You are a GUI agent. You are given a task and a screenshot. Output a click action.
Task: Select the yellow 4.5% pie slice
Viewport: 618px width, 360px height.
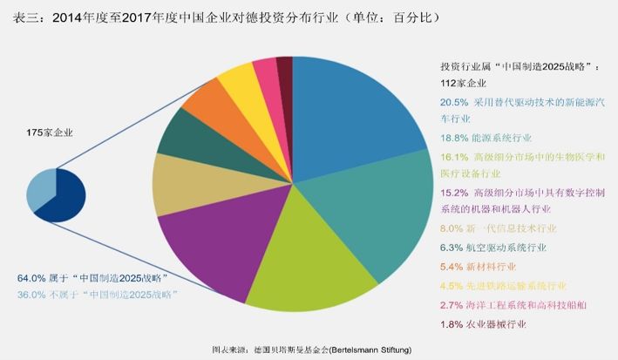pyautogui.click(x=238, y=83)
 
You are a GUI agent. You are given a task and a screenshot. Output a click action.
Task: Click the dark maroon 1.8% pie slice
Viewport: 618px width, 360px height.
pyautogui.click(x=285, y=69)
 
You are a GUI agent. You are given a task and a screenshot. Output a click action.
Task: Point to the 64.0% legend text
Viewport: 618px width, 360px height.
pyautogui.click(x=92, y=277)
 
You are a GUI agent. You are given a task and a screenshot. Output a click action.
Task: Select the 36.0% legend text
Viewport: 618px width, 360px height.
pyautogui.click(x=97, y=295)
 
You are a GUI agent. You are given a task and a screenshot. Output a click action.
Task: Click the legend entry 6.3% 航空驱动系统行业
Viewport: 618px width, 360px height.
pyautogui.click(x=494, y=248)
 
